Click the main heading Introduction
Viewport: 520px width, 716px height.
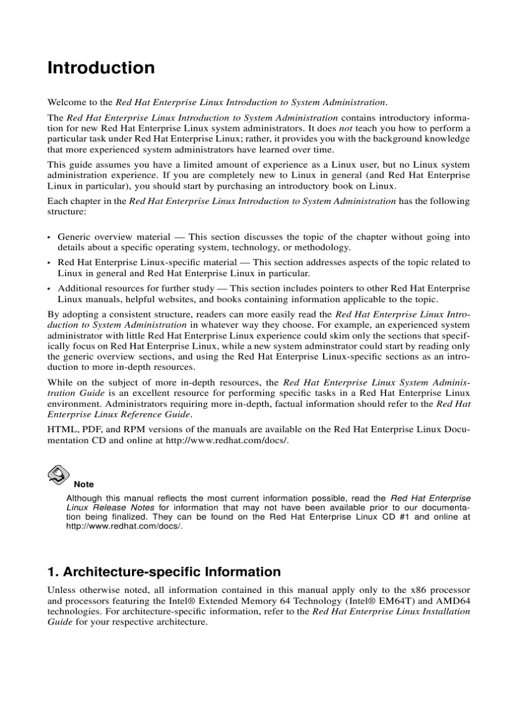101,68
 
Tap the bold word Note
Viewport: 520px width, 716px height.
83,485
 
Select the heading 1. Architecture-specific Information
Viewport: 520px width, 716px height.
164,572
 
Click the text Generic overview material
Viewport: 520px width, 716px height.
113,237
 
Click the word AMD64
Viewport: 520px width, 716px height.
453,601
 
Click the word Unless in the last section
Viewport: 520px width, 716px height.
61,590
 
